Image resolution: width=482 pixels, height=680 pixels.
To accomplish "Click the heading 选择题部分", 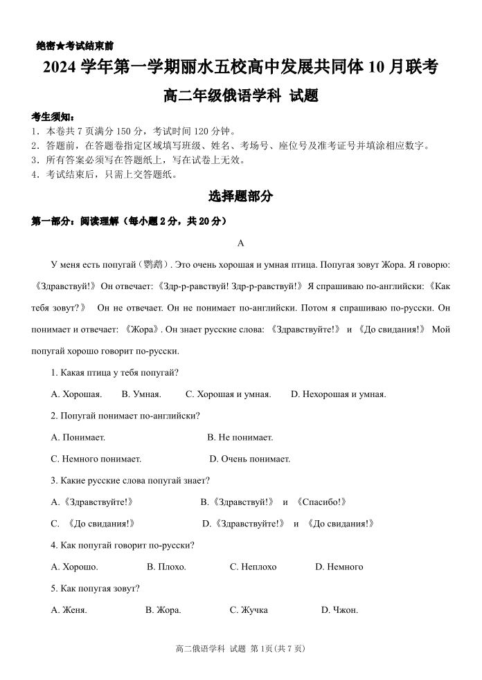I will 240,197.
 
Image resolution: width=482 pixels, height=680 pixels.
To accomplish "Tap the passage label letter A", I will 240,243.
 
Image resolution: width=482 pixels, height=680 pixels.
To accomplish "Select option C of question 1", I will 228,394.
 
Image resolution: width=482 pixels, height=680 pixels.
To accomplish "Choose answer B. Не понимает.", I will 240,437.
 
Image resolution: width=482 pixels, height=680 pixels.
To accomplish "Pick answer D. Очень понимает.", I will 249,459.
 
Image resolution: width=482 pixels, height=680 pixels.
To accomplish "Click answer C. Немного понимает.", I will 96,459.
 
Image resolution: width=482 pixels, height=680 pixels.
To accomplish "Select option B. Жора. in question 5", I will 163,610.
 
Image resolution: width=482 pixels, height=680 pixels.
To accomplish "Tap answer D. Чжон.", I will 339,610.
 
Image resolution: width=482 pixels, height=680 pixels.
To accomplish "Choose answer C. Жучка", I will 249,610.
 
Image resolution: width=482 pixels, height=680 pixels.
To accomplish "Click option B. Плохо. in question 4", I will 166,567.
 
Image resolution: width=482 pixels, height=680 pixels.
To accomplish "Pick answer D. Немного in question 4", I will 339,567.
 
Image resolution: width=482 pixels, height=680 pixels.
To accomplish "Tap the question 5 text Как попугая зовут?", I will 96,589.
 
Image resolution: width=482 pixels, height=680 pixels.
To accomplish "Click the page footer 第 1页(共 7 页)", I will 277,648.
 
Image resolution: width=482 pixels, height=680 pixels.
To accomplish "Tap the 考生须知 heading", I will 53,116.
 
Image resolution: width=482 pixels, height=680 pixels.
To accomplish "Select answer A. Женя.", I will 69,610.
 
